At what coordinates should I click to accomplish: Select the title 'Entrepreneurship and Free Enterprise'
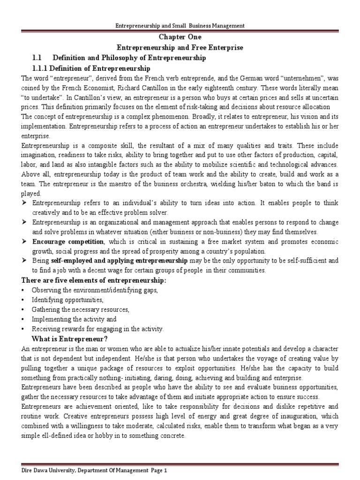pyautogui.click(x=180, y=48)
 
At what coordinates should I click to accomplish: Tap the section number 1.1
pyautogui.click(x=37, y=58)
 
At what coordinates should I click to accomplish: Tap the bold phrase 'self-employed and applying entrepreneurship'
pyautogui.click(x=119, y=261)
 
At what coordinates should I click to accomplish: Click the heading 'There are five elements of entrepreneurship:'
pyautogui.click(x=92, y=280)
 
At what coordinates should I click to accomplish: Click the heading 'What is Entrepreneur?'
pyautogui.click(x=69, y=339)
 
